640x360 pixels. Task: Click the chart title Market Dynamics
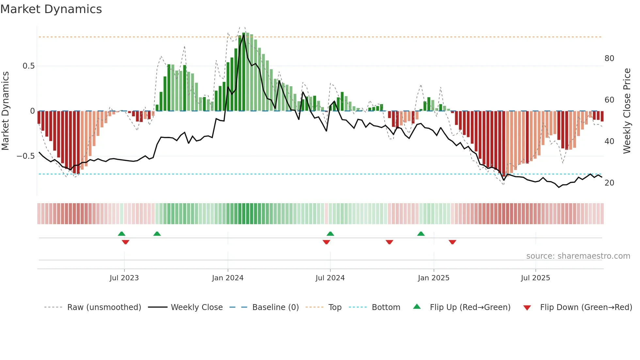(x=51, y=9)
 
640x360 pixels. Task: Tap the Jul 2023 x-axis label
(x=124, y=278)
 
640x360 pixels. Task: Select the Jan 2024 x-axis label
(x=228, y=278)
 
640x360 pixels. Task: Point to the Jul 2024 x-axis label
(x=330, y=278)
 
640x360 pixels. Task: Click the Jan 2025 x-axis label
(x=433, y=278)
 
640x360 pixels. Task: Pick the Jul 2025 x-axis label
(x=535, y=278)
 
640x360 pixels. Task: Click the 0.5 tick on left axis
(x=28, y=66)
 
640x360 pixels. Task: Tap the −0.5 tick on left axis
(x=26, y=156)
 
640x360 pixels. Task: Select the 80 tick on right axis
(x=609, y=58)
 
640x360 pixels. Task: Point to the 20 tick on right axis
(x=609, y=183)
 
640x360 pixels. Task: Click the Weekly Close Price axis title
(x=627, y=111)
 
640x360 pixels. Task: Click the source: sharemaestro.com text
(x=578, y=256)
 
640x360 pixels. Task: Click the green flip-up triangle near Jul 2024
(x=330, y=234)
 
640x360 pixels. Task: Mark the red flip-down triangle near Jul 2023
(x=125, y=242)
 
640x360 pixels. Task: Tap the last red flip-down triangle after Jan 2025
(x=452, y=242)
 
